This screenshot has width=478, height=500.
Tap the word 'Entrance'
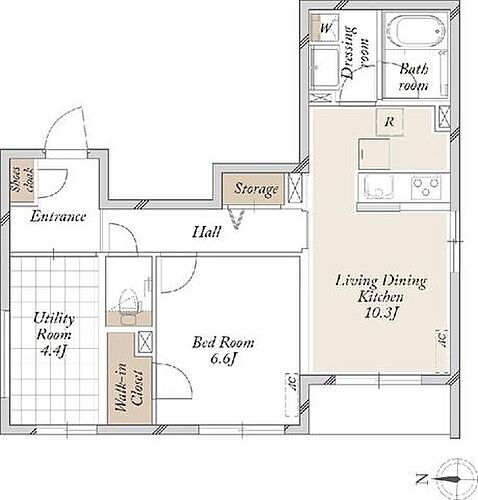click(x=57, y=216)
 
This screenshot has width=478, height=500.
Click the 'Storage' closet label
click(x=256, y=189)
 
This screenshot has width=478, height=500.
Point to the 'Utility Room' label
click(x=54, y=327)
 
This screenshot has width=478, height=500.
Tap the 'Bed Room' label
click(x=223, y=341)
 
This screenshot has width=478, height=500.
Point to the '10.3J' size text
click(x=380, y=315)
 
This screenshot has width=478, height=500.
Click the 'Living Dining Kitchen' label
click(x=380, y=290)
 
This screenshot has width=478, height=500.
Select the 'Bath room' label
click(x=413, y=77)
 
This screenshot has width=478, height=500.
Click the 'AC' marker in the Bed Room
click(x=292, y=381)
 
